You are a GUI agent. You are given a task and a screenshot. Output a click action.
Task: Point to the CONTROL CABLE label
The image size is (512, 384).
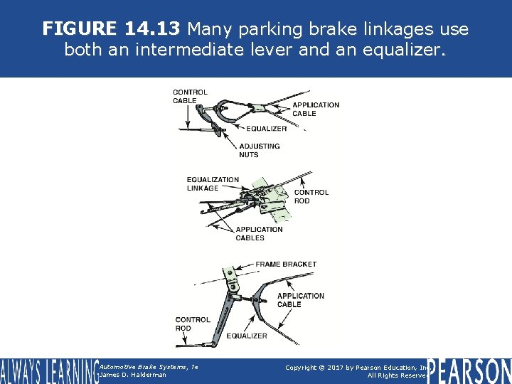click(x=190, y=96)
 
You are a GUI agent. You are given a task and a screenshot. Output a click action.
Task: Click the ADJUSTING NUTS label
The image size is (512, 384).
click(x=259, y=150)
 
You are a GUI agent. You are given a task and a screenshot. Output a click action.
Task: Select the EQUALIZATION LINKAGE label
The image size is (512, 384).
click(x=213, y=183)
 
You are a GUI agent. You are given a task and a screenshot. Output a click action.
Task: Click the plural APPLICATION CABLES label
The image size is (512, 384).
click(x=259, y=233)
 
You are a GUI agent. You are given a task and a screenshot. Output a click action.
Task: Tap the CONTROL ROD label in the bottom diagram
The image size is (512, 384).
click(x=193, y=324)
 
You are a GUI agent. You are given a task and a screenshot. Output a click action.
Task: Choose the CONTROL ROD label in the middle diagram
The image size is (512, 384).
click(x=311, y=196)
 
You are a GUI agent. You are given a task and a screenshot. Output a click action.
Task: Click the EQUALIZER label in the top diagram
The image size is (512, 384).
click(x=267, y=129)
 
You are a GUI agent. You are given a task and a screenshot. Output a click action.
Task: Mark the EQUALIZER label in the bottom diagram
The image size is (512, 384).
click(x=247, y=336)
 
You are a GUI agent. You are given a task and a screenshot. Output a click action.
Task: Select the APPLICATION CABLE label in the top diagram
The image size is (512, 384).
click(x=316, y=109)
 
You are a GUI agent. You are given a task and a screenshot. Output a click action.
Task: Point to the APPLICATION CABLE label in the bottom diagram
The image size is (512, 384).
click(x=300, y=300)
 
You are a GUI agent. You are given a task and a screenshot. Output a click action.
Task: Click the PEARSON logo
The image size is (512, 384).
click(x=469, y=370)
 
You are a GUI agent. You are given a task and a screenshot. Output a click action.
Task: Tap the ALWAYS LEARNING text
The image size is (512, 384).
click(x=48, y=370)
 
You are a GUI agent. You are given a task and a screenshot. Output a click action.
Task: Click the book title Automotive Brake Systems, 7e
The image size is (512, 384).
click(x=149, y=366)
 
